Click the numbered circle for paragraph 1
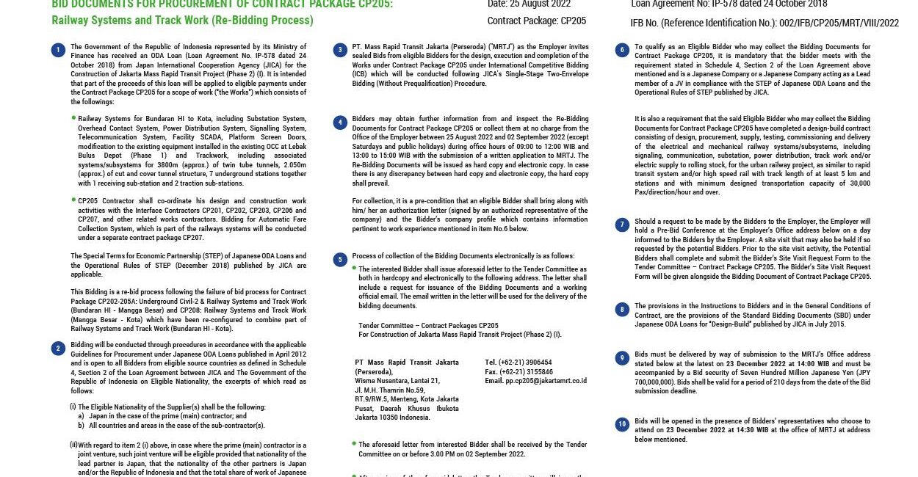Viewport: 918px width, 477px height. (58, 50)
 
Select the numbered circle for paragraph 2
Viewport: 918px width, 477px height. (58, 349)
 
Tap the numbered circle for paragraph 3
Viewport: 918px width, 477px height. (339, 50)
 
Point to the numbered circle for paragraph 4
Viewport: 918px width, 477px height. (339, 122)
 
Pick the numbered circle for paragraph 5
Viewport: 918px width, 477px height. (339, 259)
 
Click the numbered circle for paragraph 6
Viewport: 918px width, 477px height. (622, 50)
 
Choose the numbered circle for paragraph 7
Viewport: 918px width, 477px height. (622, 225)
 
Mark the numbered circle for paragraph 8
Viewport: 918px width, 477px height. (622, 309)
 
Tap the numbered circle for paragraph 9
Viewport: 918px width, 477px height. (622, 358)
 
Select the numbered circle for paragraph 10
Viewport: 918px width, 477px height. (622, 423)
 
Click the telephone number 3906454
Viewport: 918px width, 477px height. (538, 363)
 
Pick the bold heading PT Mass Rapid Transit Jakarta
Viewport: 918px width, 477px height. (406, 363)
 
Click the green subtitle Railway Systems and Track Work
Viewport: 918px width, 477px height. (182, 21)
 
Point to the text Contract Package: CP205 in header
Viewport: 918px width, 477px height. (537, 21)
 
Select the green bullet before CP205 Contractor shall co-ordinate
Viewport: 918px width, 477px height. (73, 199)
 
